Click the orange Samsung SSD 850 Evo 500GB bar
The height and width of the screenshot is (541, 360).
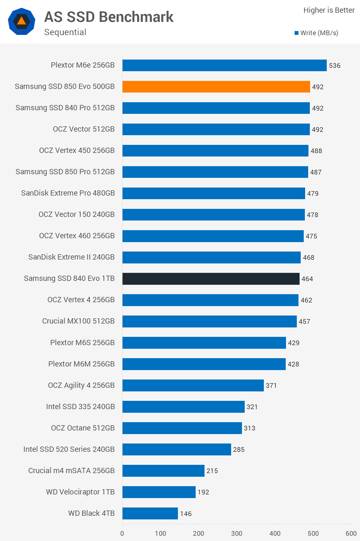tap(216, 87)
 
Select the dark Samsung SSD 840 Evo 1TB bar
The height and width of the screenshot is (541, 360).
tap(211, 279)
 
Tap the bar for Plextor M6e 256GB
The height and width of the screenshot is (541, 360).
tap(224, 65)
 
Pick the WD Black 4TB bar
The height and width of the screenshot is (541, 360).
tap(150, 513)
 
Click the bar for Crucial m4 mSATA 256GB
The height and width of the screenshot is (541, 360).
tap(163, 471)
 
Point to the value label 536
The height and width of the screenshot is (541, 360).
tap(335, 66)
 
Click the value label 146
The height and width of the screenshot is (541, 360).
tap(186, 514)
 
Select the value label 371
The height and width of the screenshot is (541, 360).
tap(271, 386)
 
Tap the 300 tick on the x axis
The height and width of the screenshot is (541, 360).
tap(237, 533)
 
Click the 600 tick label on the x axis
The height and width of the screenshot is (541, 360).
tap(351, 533)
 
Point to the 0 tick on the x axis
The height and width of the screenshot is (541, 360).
tap(122, 533)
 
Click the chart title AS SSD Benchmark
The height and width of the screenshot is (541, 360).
tap(109, 17)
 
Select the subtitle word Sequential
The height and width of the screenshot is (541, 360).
tap(65, 32)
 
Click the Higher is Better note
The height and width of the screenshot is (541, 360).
tap(329, 10)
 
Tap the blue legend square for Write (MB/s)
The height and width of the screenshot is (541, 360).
tap(297, 33)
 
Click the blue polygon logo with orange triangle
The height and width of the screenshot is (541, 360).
tap(22, 21)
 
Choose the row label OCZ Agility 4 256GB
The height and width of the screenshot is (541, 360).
tap(81, 385)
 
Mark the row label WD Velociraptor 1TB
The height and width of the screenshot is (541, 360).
tap(80, 492)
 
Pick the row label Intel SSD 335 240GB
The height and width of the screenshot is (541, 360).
tap(80, 407)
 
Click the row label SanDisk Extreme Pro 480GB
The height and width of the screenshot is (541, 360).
tap(68, 193)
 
